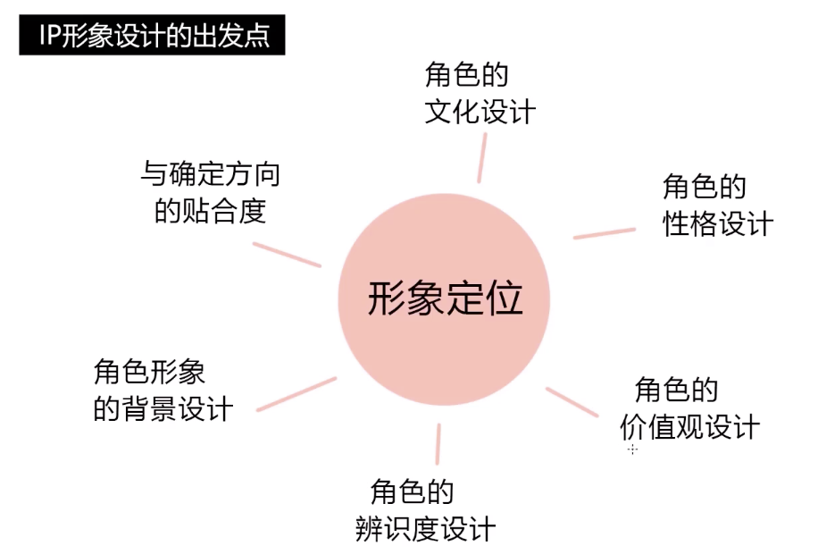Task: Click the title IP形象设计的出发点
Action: tap(152, 37)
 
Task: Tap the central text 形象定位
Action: tap(444, 298)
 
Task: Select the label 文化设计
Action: tap(480, 113)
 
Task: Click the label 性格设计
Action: tap(717, 223)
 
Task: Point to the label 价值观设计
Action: tap(689, 426)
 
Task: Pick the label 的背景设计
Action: tap(163, 408)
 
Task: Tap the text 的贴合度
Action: tap(211, 212)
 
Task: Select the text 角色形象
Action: tap(149, 370)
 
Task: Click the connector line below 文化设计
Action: tap(480, 157)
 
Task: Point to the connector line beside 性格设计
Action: tap(605, 232)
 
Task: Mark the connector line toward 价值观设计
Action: tap(572, 401)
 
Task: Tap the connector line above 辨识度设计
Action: tap(438, 444)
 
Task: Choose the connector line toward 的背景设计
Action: tap(296, 394)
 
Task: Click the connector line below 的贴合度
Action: tap(287, 254)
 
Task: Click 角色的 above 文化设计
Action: tap(466, 74)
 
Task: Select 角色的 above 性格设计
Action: tap(704, 186)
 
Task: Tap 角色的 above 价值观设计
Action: tap(676, 390)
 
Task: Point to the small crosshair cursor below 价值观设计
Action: tap(632, 449)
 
